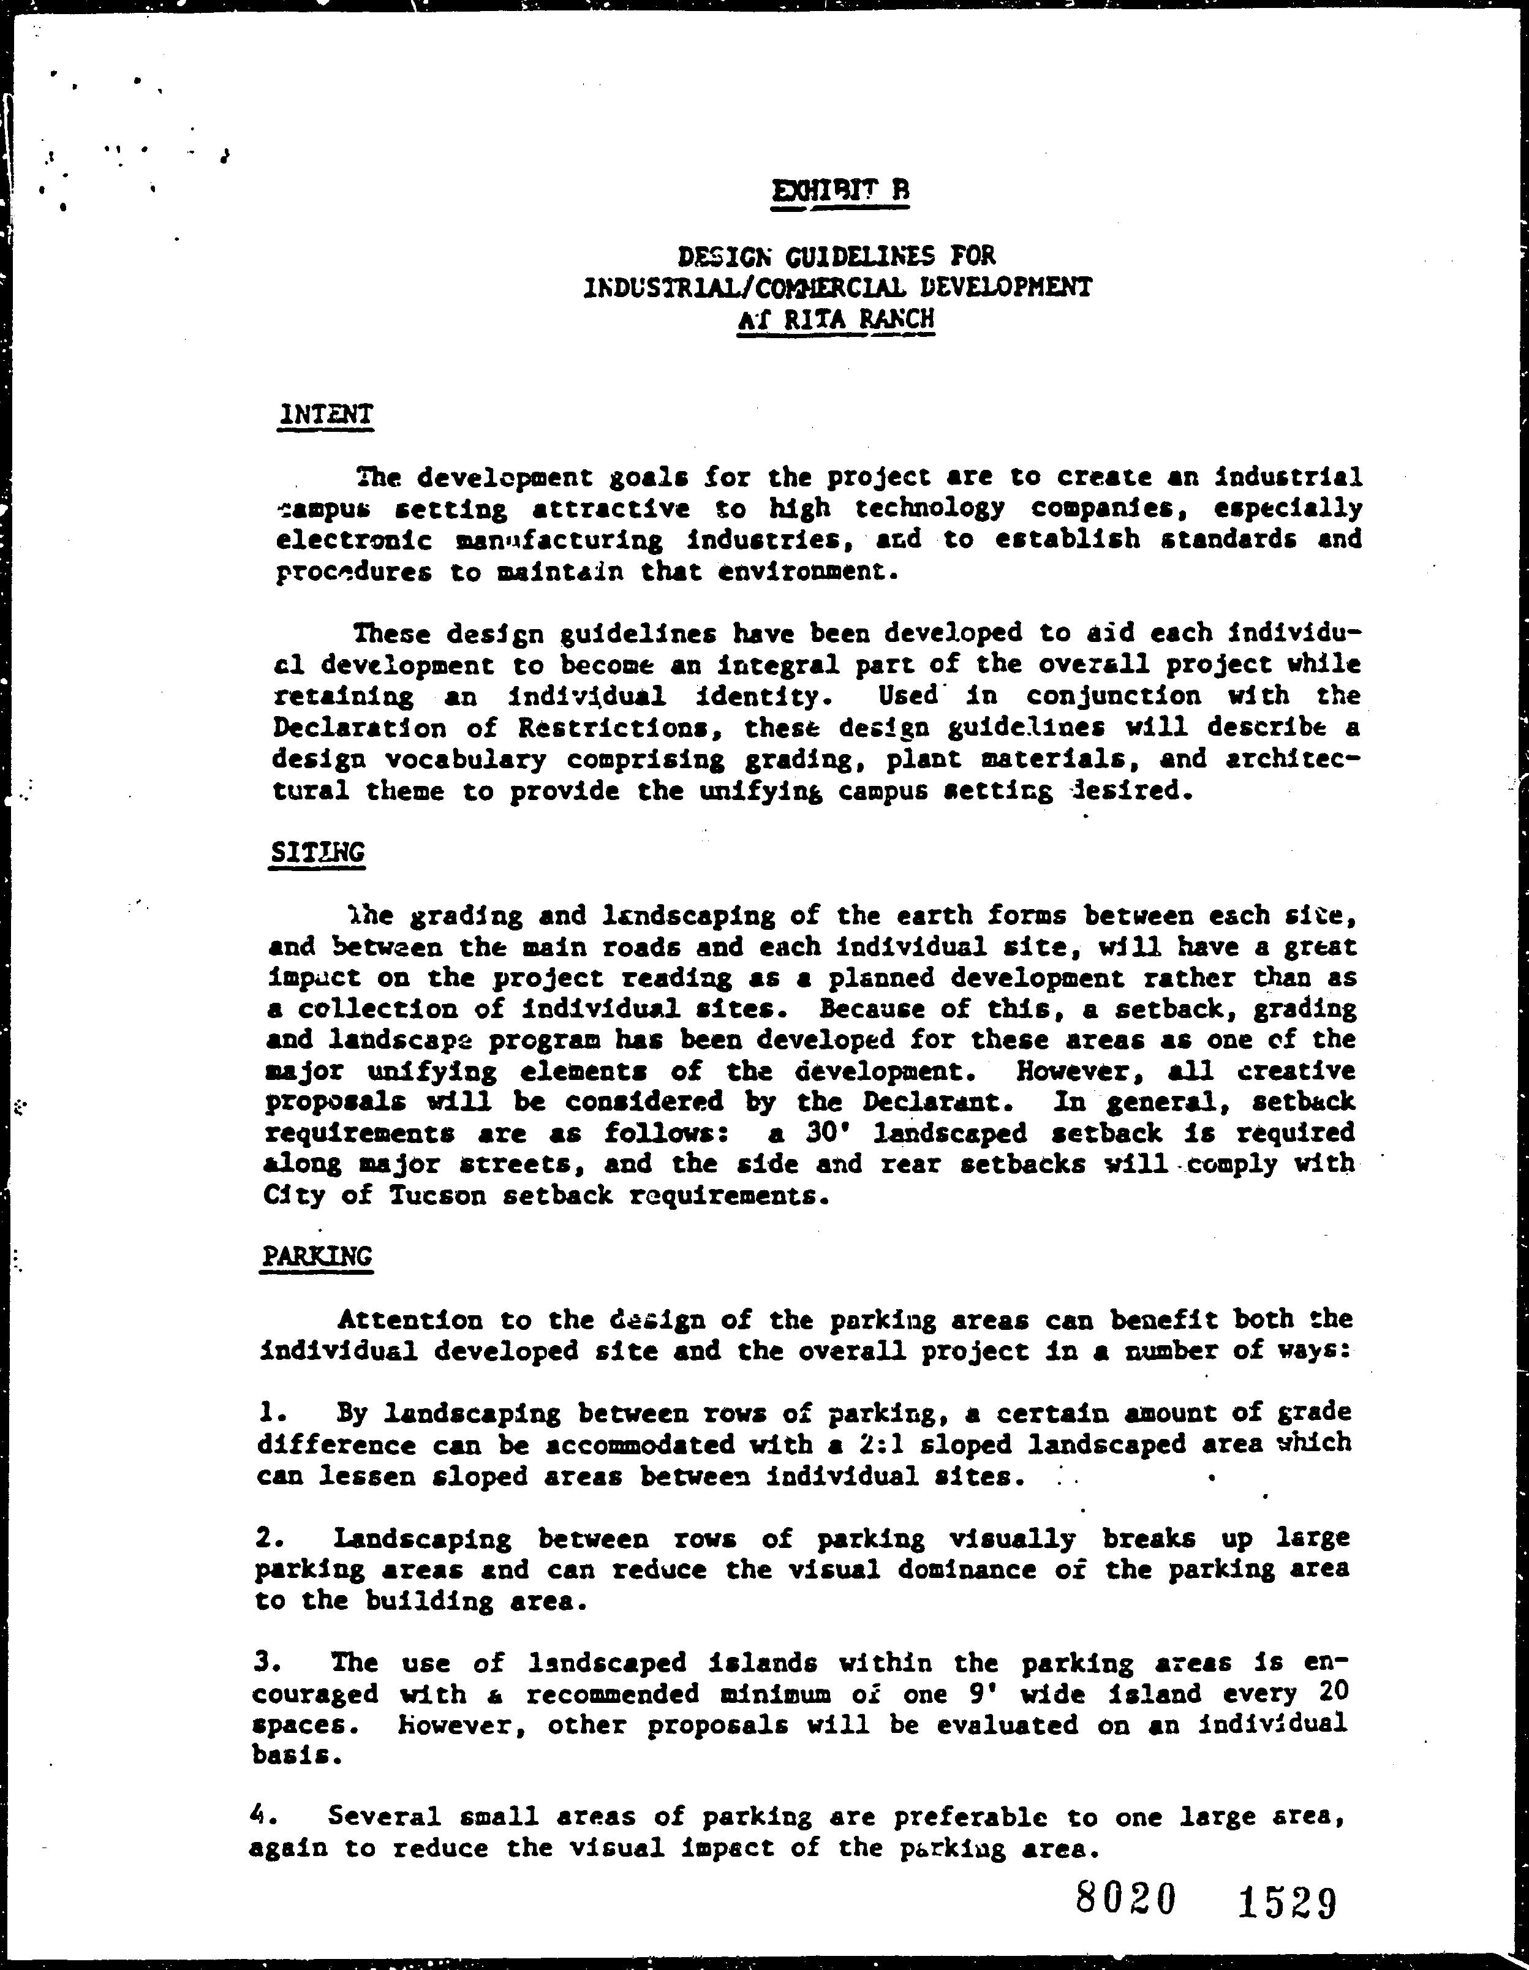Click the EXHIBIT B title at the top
840,191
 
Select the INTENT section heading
326,414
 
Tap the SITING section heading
317,851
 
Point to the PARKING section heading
315,1256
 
